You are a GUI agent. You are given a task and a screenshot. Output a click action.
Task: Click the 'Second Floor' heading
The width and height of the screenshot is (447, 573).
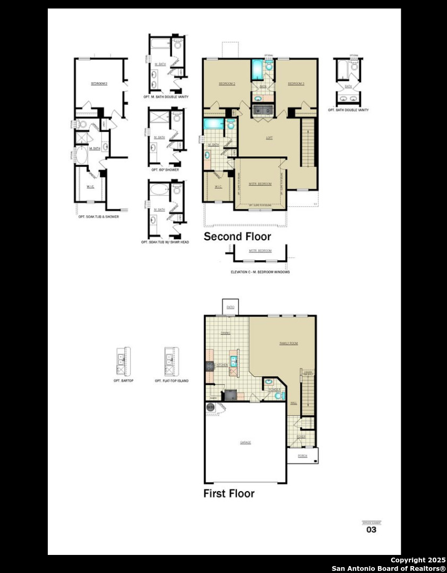click(x=237, y=237)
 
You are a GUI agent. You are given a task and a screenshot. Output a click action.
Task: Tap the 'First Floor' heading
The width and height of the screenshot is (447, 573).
click(x=229, y=493)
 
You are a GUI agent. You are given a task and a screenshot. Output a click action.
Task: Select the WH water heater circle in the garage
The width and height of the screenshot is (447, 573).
click(x=210, y=407)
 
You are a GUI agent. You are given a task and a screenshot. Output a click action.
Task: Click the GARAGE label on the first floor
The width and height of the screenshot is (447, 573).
click(x=245, y=442)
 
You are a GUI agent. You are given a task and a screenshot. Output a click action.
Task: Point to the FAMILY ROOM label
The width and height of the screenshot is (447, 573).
click(x=289, y=343)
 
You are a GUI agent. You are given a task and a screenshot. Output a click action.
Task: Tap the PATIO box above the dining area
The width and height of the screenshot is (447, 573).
click(x=230, y=307)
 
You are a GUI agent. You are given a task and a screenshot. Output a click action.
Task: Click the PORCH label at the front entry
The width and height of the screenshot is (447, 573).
click(x=303, y=456)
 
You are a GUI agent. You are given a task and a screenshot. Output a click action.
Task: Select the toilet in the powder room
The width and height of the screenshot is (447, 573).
click(x=282, y=394)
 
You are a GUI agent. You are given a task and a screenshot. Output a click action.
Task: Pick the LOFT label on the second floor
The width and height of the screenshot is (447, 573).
click(x=269, y=138)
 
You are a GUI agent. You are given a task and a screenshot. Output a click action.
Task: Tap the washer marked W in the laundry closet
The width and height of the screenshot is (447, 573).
click(x=259, y=111)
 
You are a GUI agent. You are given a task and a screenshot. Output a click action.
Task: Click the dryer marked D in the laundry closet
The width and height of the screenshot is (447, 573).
click(x=268, y=111)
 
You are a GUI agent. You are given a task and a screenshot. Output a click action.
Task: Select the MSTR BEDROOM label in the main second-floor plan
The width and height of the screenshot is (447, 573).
click(x=260, y=184)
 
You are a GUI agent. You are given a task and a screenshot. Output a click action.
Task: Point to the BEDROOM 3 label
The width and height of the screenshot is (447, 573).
click(x=296, y=84)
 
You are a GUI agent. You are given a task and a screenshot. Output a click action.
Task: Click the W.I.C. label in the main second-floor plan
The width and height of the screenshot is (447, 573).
click(x=218, y=187)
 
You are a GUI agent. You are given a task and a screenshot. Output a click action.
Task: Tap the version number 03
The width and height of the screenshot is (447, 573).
click(x=372, y=529)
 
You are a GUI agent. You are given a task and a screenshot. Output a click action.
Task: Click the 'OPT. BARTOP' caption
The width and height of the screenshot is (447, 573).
click(x=123, y=381)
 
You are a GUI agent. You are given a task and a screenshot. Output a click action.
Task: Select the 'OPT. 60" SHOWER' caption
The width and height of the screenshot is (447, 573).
click(x=165, y=170)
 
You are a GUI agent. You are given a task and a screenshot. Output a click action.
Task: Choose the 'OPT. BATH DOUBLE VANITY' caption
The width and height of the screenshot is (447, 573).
click(x=348, y=110)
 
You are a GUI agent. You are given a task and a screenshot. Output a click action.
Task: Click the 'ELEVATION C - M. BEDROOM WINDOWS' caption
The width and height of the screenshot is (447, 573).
click(x=260, y=272)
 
